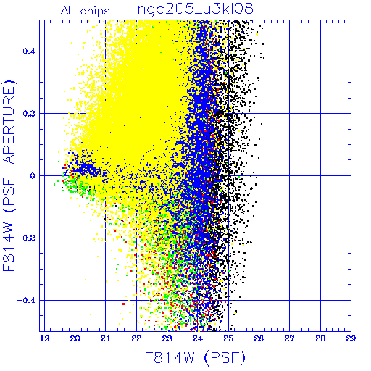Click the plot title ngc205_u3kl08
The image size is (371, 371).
coord(195,9)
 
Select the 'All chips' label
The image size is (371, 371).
coord(85,11)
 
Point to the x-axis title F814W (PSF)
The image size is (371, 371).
coord(195,358)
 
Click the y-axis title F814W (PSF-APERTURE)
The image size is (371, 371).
coord(9,175)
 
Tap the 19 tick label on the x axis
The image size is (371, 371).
coord(44,338)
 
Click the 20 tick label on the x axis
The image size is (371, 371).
coord(75,338)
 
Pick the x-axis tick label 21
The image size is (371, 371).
coord(106,338)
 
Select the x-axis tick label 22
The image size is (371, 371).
coord(136,338)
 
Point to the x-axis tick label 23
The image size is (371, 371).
coord(167,338)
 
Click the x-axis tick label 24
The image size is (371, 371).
coord(198,338)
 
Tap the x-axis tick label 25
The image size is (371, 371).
coord(228,338)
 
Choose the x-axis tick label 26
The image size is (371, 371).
coord(259,338)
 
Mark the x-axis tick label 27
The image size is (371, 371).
coord(289,338)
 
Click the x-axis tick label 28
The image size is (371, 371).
coord(320,338)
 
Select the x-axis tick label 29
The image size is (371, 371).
coord(351,338)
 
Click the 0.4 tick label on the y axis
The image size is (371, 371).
coord(29,51)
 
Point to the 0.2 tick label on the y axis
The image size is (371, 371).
coord(29,113)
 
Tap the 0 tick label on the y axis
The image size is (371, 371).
coord(33,175)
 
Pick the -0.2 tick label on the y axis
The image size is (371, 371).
coord(26,238)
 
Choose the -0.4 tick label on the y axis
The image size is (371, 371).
coord(26,300)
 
